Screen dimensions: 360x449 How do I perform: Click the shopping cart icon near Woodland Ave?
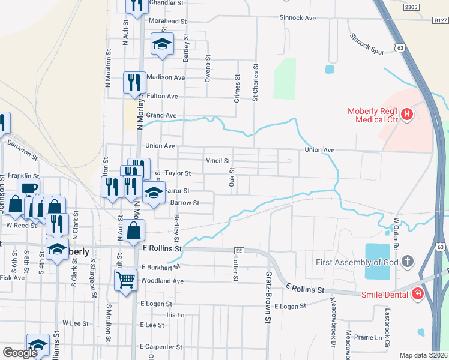coord(125,279)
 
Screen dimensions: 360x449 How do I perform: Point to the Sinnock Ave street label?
coord(297,18)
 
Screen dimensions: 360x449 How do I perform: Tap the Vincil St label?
coord(218,161)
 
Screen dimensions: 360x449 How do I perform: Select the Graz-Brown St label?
coord(268,298)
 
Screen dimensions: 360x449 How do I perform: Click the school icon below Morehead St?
coord(162,44)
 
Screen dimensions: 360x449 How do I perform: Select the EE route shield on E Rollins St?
coord(240,251)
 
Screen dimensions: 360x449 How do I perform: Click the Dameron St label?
coord(23,149)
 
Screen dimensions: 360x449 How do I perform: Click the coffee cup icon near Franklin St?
coord(28,187)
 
